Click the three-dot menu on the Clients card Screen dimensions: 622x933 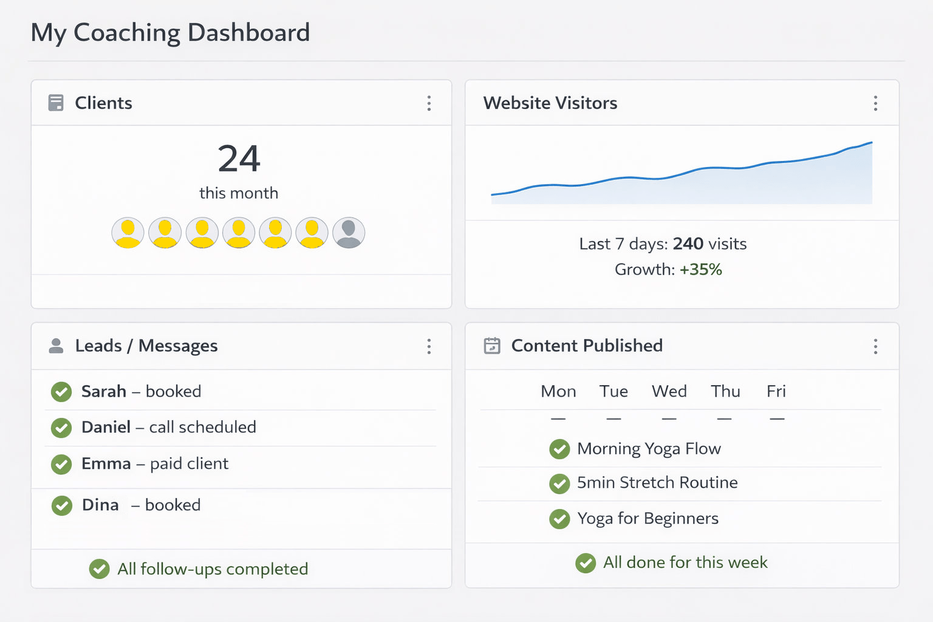[x=429, y=103]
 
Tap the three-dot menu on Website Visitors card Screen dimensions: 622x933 [x=875, y=103]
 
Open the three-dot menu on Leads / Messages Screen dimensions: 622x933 [x=429, y=346]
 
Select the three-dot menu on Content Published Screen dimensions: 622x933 [x=875, y=346]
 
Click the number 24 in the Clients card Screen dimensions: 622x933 [x=239, y=159]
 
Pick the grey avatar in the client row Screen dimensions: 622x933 [x=349, y=233]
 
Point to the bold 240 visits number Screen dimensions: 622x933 [x=688, y=244]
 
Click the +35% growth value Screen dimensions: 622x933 [x=700, y=269]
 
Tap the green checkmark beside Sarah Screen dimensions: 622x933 [x=61, y=392]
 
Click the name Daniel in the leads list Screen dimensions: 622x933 [x=106, y=427]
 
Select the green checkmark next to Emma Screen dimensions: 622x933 [x=61, y=464]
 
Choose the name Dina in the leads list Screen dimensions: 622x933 [x=100, y=505]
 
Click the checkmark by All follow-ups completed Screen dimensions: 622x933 [x=99, y=569]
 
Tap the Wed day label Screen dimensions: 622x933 [x=669, y=391]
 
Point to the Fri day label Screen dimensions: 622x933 [x=776, y=391]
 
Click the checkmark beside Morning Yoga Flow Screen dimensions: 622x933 [x=559, y=449]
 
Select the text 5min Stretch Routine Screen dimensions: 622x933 [x=657, y=482]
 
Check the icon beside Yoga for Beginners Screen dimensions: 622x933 [x=559, y=519]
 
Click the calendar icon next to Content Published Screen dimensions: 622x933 [x=492, y=346]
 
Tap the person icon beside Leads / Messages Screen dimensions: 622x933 [x=56, y=346]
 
